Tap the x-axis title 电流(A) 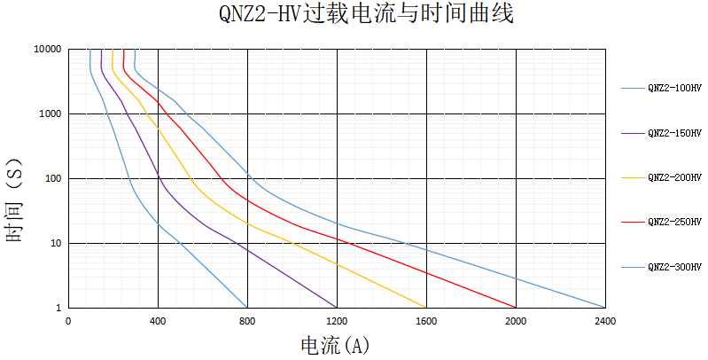[x=336, y=346]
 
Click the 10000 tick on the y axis [x=47, y=49]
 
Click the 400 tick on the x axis [x=158, y=320]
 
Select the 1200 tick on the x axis [x=337, y=320]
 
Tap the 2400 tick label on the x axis [x=605, y=320]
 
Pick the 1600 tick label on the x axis [x=426, y=320]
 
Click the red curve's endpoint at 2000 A [x=516, y=307]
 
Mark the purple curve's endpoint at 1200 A [x=337, y=307]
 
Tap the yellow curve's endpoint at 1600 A [x=426, y=307]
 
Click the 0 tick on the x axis [x=68, y=320]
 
